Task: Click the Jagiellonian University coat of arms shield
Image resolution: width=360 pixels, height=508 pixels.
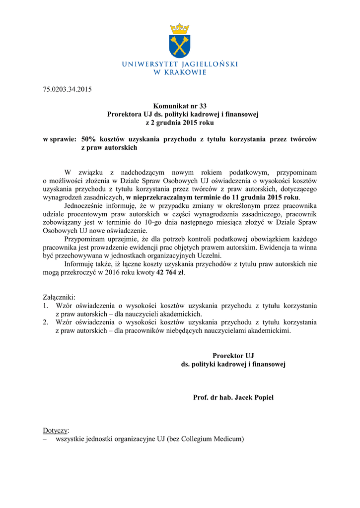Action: pos(180,46)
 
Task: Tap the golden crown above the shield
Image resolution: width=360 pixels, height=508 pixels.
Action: pos(180,28)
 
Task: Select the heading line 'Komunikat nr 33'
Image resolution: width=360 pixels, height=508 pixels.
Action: pos(180,106)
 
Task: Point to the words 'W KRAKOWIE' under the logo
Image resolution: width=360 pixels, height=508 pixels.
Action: pos(180,72)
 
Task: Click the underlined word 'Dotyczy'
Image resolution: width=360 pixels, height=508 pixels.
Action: pos(56,430)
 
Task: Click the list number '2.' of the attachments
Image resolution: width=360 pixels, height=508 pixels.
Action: pos(46,322)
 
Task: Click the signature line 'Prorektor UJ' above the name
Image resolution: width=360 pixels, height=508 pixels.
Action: pos(233,356)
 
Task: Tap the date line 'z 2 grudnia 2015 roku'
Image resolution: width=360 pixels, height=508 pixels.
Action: pos(180,123)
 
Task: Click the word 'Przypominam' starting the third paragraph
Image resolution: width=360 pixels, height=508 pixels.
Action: pos(85,239)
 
